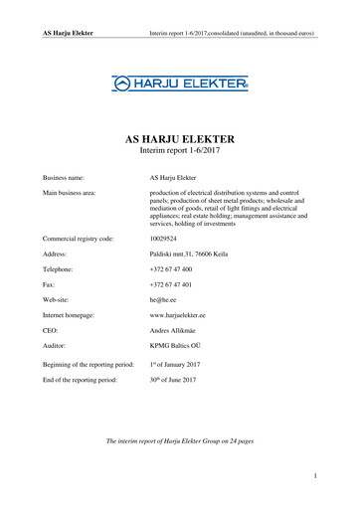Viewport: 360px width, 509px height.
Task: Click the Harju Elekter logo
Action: (x=180, y=86)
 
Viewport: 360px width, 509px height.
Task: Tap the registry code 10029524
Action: (x=167, y=239)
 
